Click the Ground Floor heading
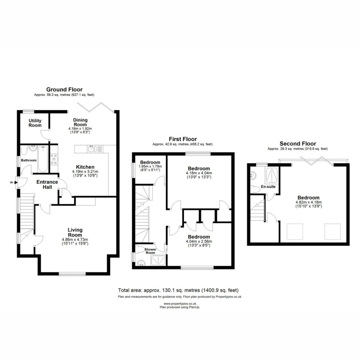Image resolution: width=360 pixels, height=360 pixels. (x=64, y=90)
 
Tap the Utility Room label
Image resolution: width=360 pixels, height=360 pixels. (x=35, y=123)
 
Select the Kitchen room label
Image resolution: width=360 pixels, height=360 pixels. (x=85, y=167)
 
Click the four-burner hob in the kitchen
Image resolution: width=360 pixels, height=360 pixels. (x=54, y=159)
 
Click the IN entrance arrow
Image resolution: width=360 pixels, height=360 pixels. (x=16, y=182)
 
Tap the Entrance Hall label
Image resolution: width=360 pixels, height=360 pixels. (x=47, y=184)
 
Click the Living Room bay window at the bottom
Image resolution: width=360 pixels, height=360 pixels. (x=72, y=274)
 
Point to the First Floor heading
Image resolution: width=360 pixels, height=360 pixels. (x=183, y=139)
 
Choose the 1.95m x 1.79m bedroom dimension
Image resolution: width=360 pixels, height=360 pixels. (x=150, y=166)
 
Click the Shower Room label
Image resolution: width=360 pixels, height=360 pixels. (x=150, y=251)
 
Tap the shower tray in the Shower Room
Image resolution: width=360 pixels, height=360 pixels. (x=158, y=261)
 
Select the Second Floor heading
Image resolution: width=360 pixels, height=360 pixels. (x=298, y=144)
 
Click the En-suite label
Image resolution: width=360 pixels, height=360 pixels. (x=268, y=187)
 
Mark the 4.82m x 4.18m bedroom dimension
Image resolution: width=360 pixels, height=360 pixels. (x=308, y=202)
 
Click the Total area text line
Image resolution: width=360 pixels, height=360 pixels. (x=178, y=290)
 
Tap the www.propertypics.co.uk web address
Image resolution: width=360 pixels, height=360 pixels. (x=180, y=304)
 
